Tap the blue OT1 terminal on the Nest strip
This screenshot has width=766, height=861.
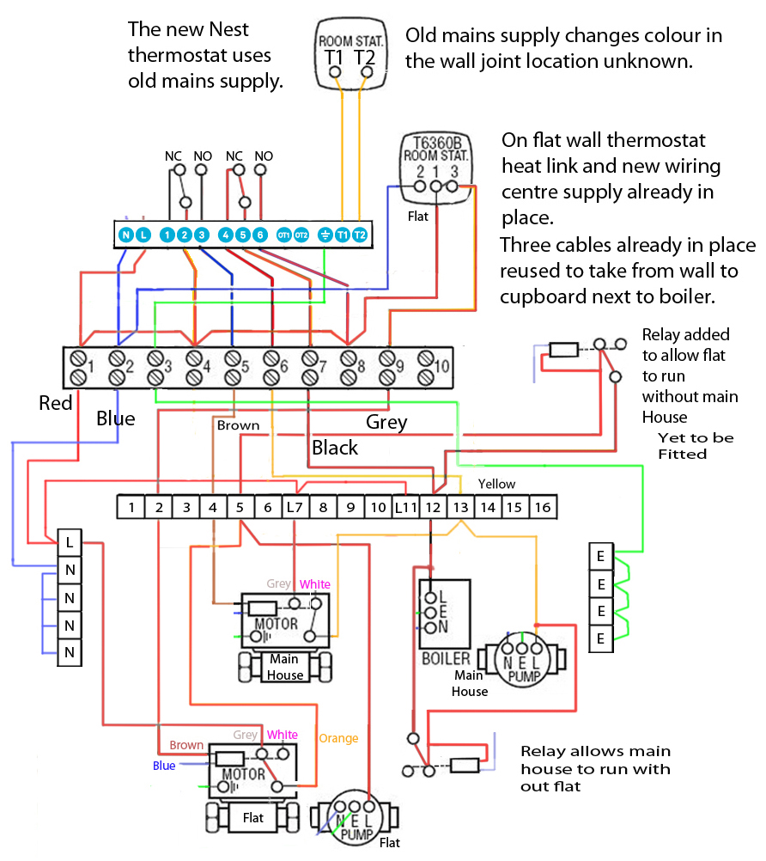284,235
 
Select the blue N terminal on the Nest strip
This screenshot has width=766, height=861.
126,235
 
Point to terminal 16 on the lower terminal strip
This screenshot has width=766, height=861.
542,507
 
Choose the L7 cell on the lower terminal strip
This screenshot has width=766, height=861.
295,507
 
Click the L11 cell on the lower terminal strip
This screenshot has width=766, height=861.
405,507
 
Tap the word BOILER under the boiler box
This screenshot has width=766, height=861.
446,659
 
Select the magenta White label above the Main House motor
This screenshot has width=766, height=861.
314,584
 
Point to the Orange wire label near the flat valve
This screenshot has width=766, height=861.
338,737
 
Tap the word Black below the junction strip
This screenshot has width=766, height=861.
334,448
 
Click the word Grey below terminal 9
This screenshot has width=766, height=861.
386,422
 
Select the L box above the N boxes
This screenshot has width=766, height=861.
70,542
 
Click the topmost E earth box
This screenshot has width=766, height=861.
600,556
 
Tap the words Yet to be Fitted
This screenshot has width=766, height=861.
696,445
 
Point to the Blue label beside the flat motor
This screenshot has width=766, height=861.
164,765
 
